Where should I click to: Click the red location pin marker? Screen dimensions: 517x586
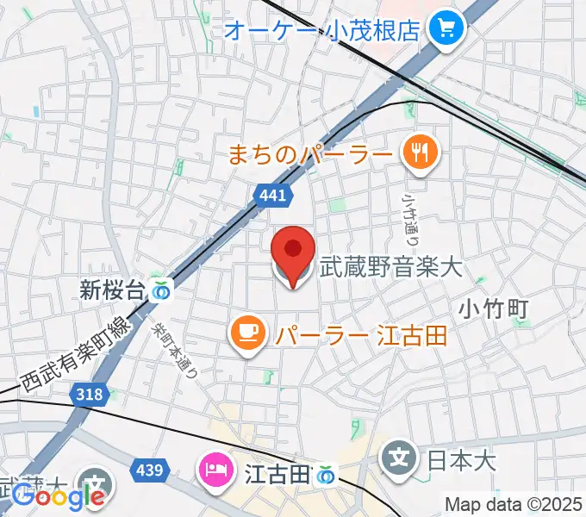coord(293,252)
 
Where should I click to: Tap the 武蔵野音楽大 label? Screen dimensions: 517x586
coord(391,268)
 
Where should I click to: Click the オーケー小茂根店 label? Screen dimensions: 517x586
coord(322,30)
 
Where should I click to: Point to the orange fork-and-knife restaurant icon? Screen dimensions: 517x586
coord(420,154)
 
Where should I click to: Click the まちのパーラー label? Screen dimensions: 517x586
coord(309,155)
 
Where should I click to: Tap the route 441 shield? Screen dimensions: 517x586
coord(271,196)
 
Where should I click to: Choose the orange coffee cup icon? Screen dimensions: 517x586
coord(247,333)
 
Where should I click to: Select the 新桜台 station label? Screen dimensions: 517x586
coord(110,290)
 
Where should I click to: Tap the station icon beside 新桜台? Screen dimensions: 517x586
coord(160,291)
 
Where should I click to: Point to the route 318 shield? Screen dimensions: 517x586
coord(89,395)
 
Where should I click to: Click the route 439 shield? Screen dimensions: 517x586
coord(149,470)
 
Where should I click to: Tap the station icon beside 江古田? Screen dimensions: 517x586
coord(325,474)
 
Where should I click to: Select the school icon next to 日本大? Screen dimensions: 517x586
coord(399,457)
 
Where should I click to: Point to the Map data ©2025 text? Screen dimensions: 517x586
coord(514,504)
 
